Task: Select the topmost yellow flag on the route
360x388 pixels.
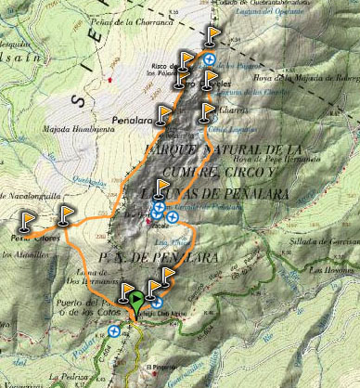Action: pyautogui.click(x=214, y=35)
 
